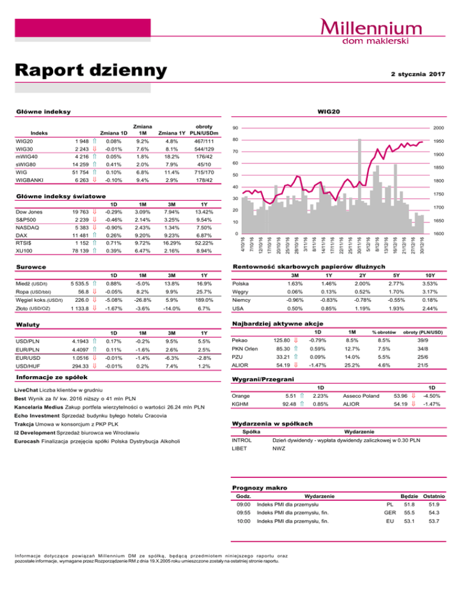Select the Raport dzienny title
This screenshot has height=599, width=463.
(90, 71)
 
